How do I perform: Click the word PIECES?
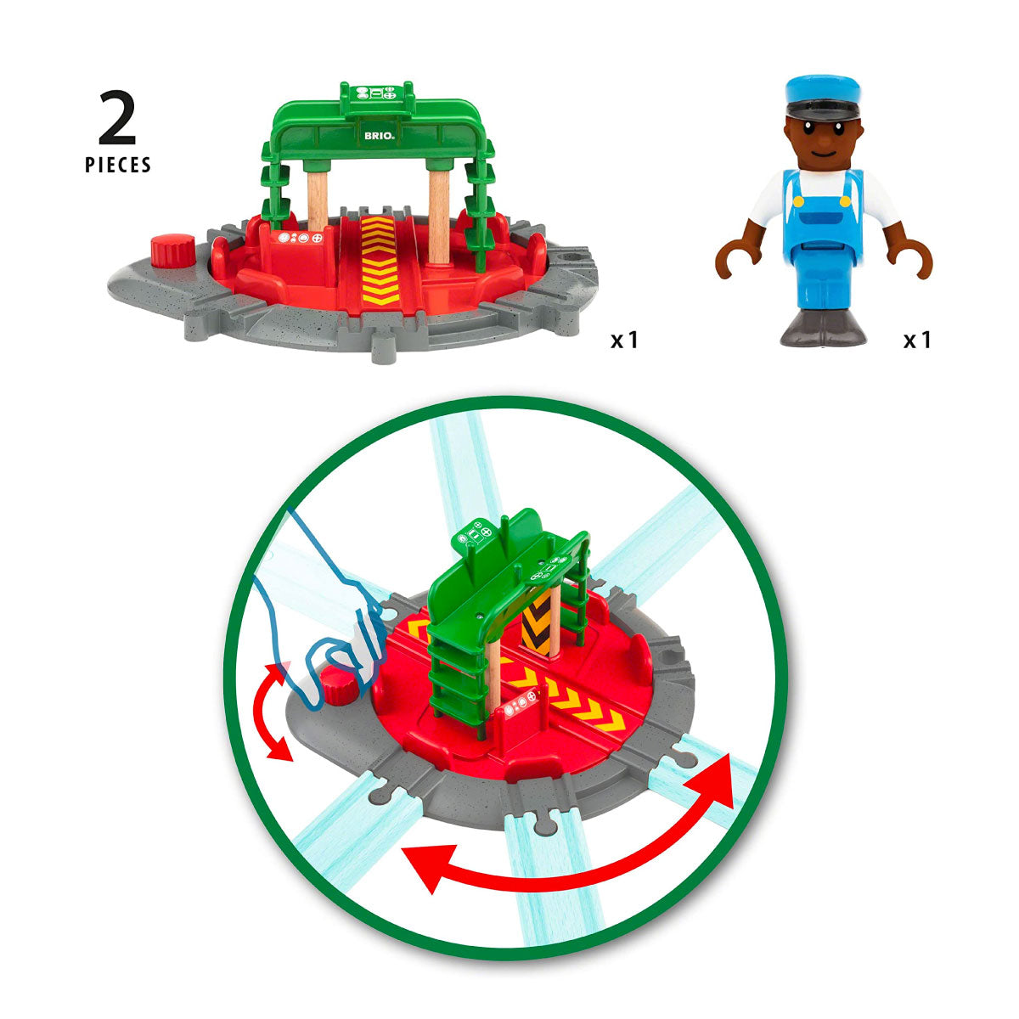pos(118,165)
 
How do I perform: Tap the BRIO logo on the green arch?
pos(379,137)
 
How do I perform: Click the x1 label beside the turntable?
pos(624,341)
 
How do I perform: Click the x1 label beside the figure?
pos(917,341)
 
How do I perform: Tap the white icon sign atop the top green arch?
pos(378,93)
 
